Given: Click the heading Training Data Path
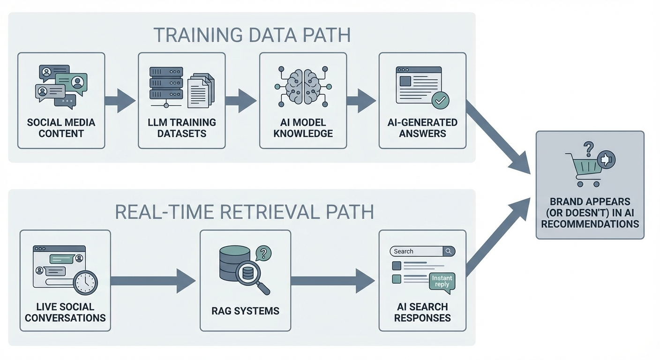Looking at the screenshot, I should tap(252, 36).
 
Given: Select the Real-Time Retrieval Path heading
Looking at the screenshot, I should tap(244, 212).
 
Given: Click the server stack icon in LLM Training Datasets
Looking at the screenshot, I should tap(166, 83).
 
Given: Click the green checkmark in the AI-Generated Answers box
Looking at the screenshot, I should tap(440, 100).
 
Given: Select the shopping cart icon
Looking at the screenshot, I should tap(584, 170).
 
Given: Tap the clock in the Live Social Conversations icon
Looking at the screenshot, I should tap(86, 283).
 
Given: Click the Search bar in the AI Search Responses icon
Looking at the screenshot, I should tap(417, 251).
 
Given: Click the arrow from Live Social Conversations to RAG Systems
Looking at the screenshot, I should tap(153, 281).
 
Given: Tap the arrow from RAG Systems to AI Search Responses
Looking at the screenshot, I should tap(332, 281).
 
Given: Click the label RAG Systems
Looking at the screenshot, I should tap(245, 311).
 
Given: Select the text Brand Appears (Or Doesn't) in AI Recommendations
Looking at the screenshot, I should tap(590, 212).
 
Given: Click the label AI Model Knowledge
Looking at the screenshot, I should tap(303, 128).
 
